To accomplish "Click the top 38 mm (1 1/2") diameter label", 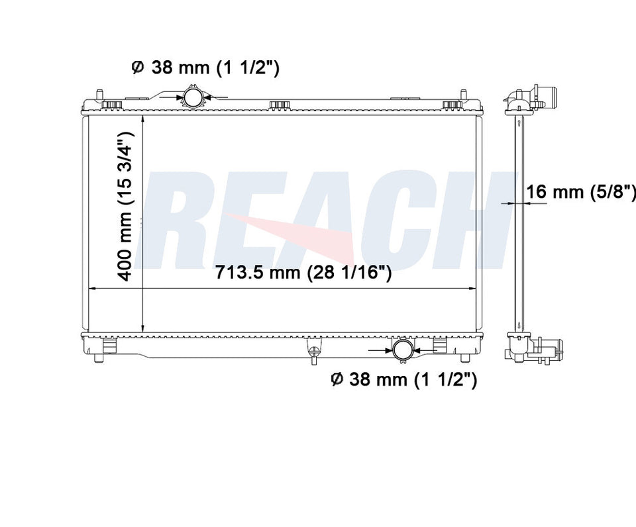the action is point(205,68).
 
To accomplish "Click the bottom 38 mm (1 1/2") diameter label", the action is point(404,379).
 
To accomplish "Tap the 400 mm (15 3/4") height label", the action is point(126,207).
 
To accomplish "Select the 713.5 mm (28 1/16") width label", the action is point(303,272).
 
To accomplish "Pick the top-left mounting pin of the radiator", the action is point(99,95).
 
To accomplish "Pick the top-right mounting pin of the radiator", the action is point(463,95).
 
